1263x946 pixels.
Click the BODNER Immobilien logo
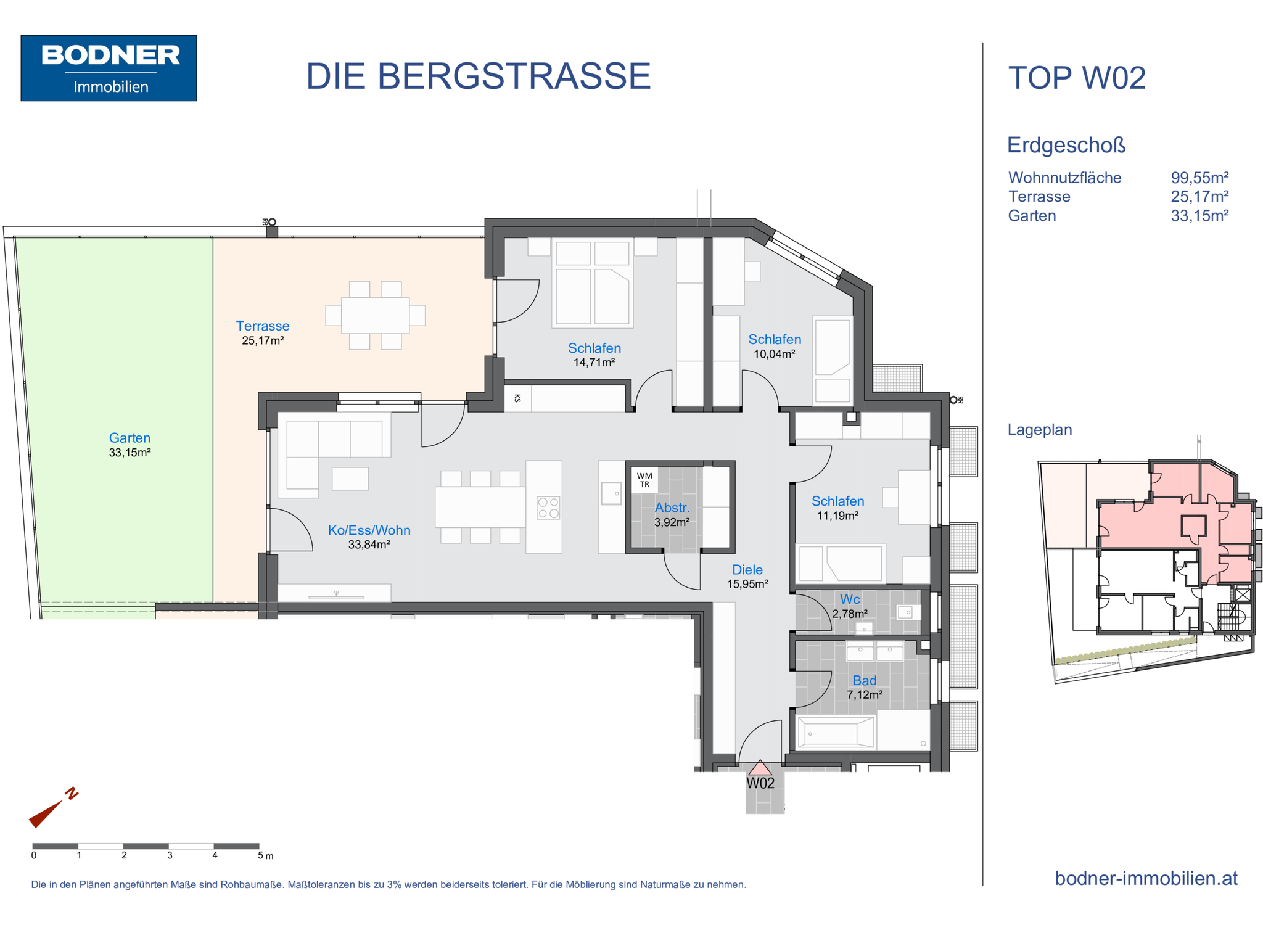pyautogui.click(x=109, y=68)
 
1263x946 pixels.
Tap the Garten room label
pyautogui.click(x=130, y=438)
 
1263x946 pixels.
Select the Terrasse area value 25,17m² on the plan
pyautogui.click(x=263, y=340)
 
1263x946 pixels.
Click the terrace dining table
pyautogui.click(x=375, y=315)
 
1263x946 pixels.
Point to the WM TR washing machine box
pyautogui.click(x=644, y=480)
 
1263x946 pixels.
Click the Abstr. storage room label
pyautogui.click(x=672, y=508)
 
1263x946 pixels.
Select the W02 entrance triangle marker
pyautogui.click(x=760, y=768)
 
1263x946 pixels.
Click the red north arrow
pyautogui.click(x=53, y=807)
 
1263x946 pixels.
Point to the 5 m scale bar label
pyautogui.click(x=265, y=856)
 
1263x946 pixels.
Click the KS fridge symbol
pyautogui.click(x=517, y=398)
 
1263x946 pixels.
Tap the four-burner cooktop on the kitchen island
pyautogui.click(x=548, y=508)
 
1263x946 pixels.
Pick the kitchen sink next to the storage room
pyautogui.click(x=612, y=493)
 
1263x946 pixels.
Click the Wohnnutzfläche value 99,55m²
pyautogui.click(x=1199, y=178)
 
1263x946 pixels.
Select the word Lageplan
pyautogui.click(x=1040, y=430)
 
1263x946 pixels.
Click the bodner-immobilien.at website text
pyautogui.click(x=1146, y=878)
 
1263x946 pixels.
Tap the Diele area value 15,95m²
pyautogui.click(x=747, y=584)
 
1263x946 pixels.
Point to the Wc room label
pyautogui.click(x=850, y=599)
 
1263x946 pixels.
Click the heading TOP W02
pyautogui.click(x=1077, y=78)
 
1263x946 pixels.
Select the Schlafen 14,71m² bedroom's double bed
pyautogui.click(x=593, y=282)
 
